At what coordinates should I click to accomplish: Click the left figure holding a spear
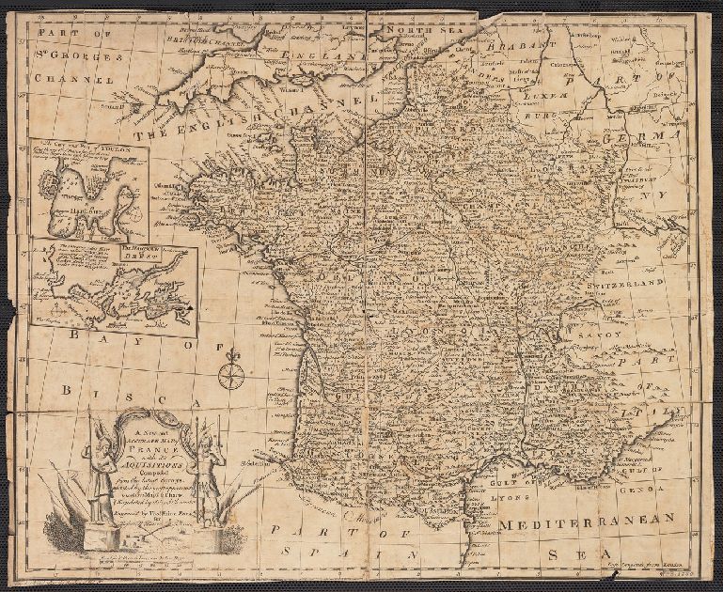coord(98,465)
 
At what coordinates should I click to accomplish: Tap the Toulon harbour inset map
coord(87,195)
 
